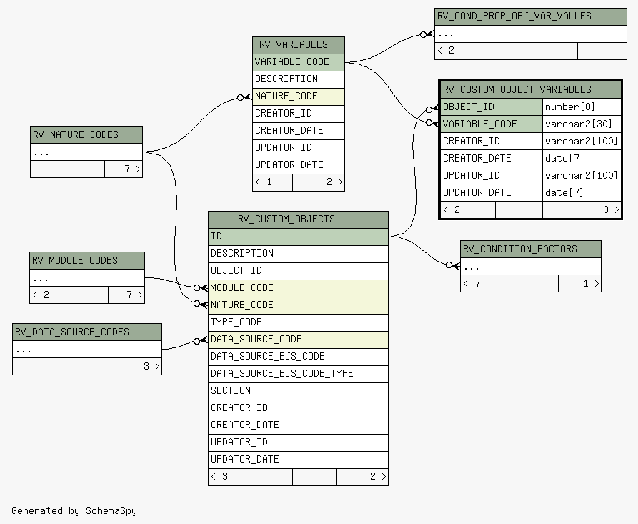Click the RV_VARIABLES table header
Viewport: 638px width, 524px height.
(x=298, y=45)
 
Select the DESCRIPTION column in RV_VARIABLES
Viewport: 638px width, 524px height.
(x=298, y=79)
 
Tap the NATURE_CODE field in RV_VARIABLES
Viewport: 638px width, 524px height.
(x=298, y=97)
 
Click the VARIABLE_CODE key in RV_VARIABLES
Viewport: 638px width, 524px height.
(x=298, y=62)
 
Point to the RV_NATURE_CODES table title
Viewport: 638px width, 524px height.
(x=86, y=135)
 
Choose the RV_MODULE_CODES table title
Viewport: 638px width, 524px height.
(x=87, y=261)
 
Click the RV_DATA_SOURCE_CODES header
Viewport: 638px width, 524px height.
(x=87, y=332)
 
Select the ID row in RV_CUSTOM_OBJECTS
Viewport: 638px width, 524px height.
(x=298, y=237)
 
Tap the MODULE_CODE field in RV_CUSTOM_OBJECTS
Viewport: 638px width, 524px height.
(x=298, y=288)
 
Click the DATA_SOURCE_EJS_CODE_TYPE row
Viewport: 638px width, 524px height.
(x=298, y=374)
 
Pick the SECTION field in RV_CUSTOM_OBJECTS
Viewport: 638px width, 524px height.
(x=298, y=391)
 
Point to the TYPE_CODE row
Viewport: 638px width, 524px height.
(x=298, y=322)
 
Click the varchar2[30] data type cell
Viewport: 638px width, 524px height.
(x=582, y=124)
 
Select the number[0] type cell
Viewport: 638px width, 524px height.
(x=582, y=107)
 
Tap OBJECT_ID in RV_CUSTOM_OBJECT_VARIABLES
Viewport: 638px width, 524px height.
(x=492, y=107)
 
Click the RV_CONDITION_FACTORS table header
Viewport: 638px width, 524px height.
(x=531, y=249)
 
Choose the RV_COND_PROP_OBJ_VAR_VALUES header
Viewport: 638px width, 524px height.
(x=531, y=16)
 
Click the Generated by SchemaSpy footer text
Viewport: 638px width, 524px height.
(x=74, y=511)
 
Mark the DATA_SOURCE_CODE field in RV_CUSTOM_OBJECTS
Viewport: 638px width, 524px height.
(x=298, y=340)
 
